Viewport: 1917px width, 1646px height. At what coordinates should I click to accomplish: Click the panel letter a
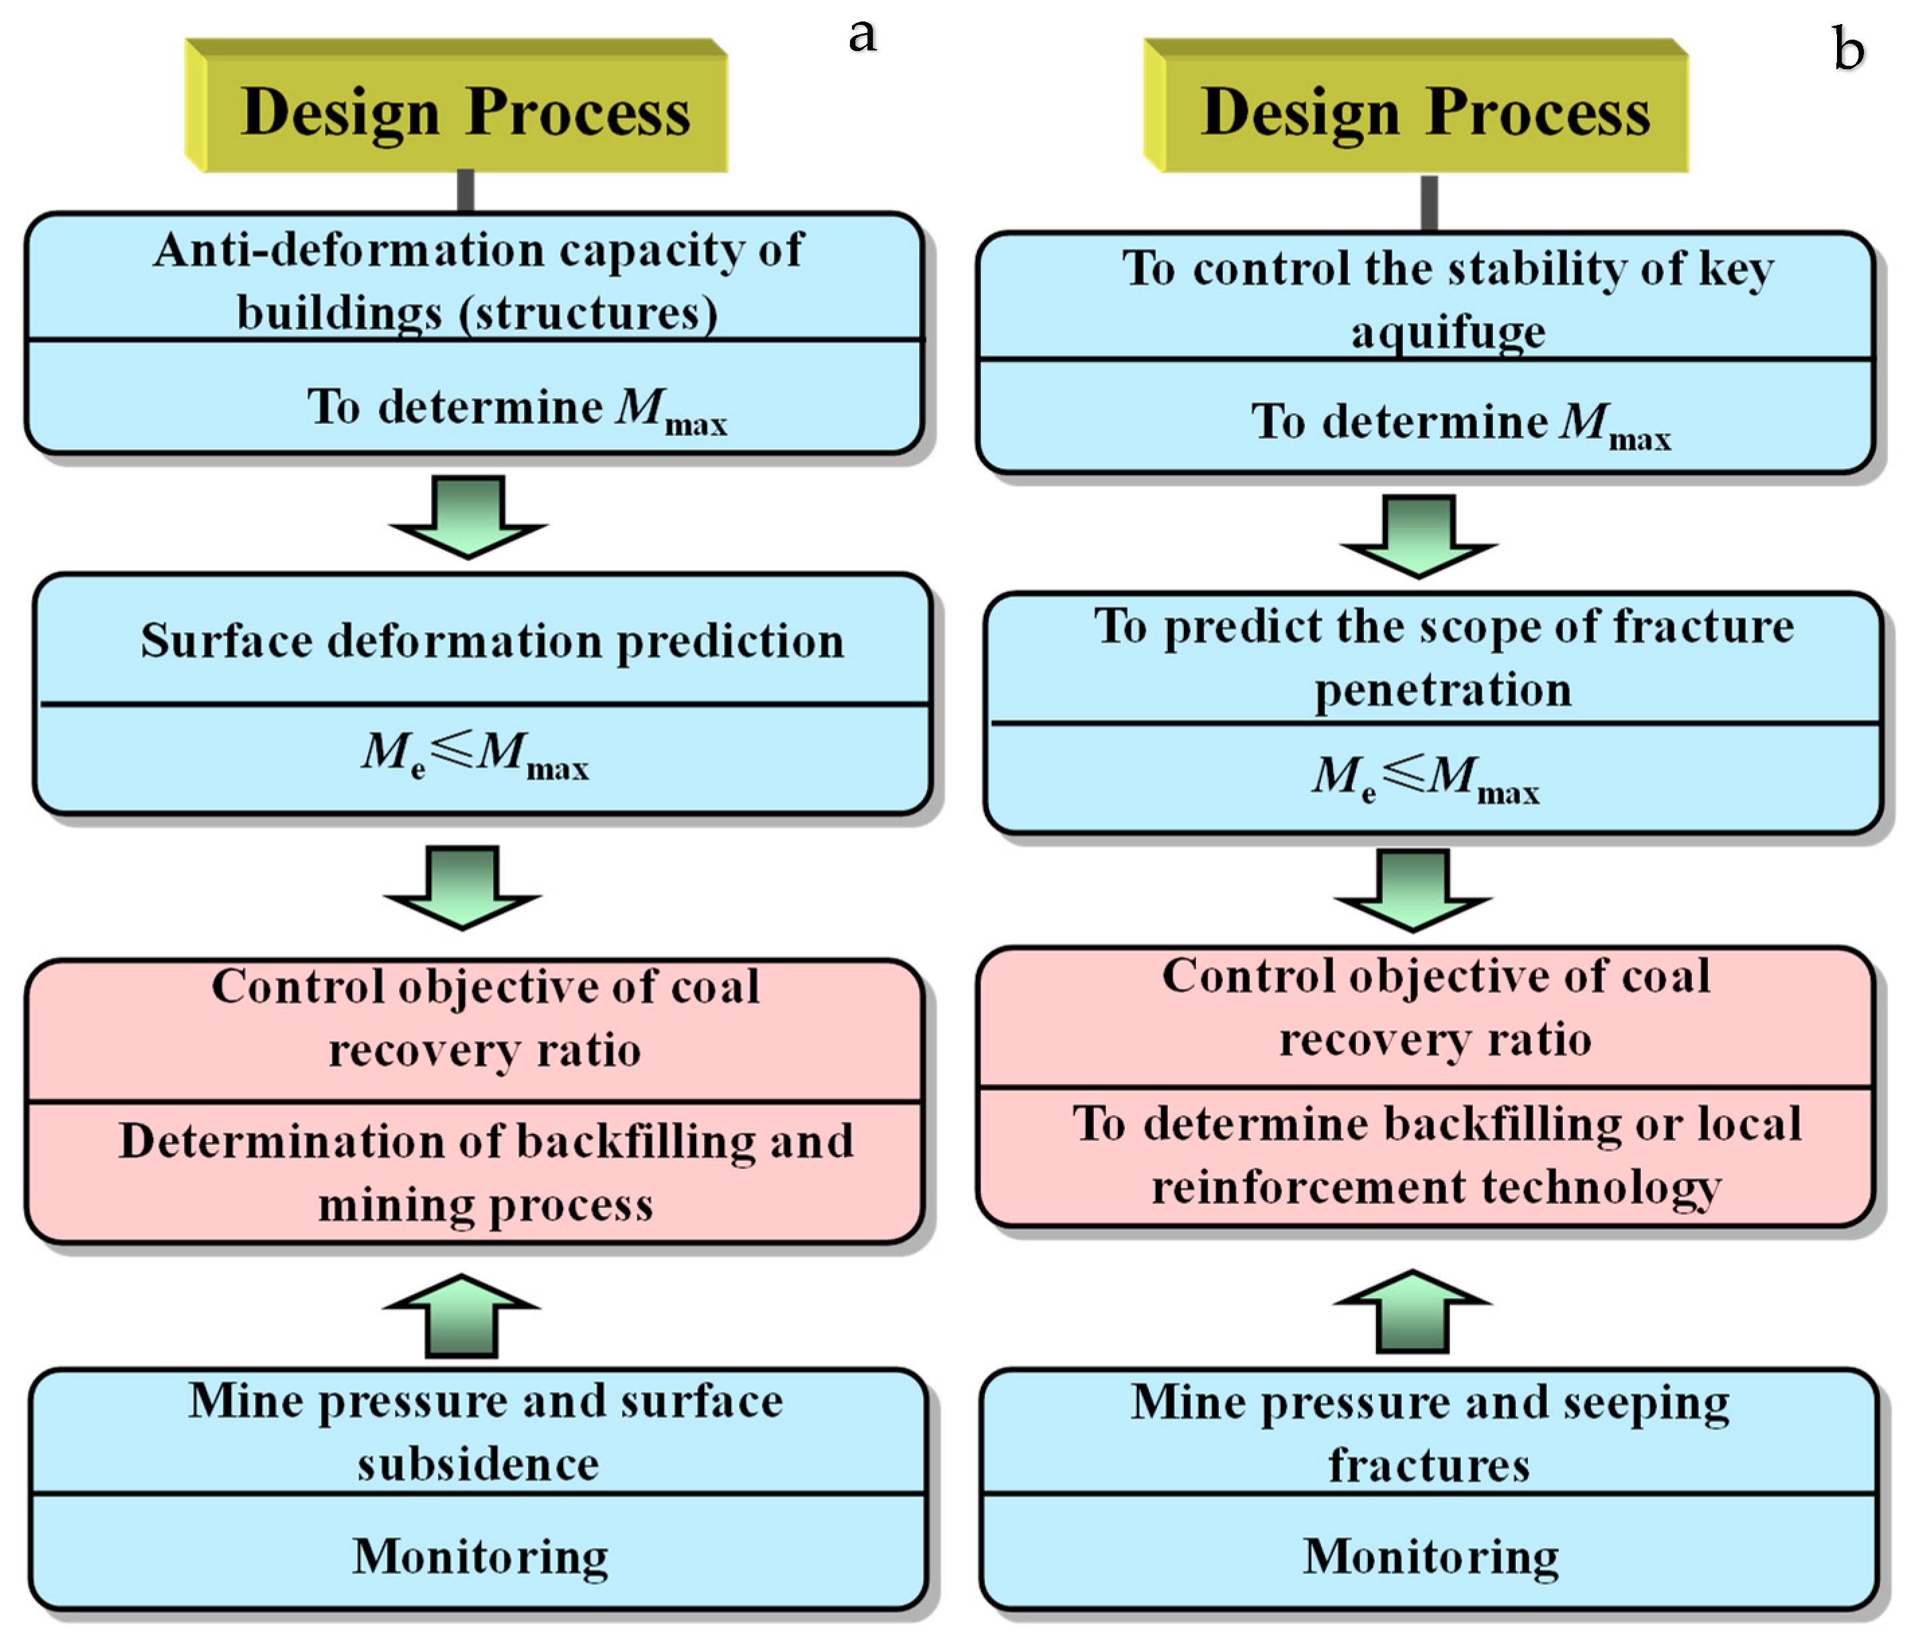pos(862,34)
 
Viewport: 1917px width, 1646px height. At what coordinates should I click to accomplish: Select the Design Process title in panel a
pos(466,112)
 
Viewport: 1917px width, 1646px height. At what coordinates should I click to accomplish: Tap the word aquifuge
pos(1448,331)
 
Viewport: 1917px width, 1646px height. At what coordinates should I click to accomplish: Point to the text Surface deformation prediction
pos(493,640)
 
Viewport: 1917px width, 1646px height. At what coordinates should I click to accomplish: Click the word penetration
pos(1443,690)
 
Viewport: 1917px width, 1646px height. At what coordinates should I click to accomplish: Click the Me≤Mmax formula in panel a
pos(474,754)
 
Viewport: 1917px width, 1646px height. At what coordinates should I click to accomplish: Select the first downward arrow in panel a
pos(468,516)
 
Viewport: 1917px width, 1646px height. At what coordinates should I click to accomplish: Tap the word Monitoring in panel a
pos(480,1556)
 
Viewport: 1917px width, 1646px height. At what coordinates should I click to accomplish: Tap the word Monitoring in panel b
pos(1431,1556)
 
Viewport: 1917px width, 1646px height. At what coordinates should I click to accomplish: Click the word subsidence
pos(478,1465)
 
